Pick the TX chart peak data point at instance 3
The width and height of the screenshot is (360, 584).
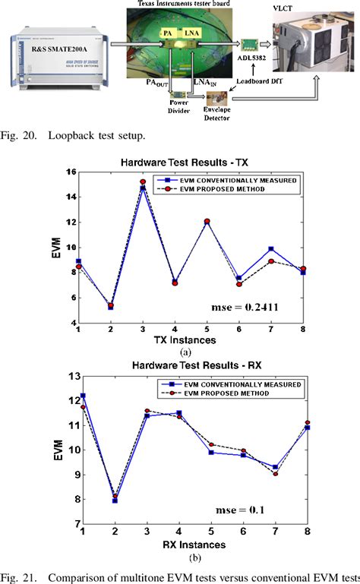(x=142, y=183)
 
